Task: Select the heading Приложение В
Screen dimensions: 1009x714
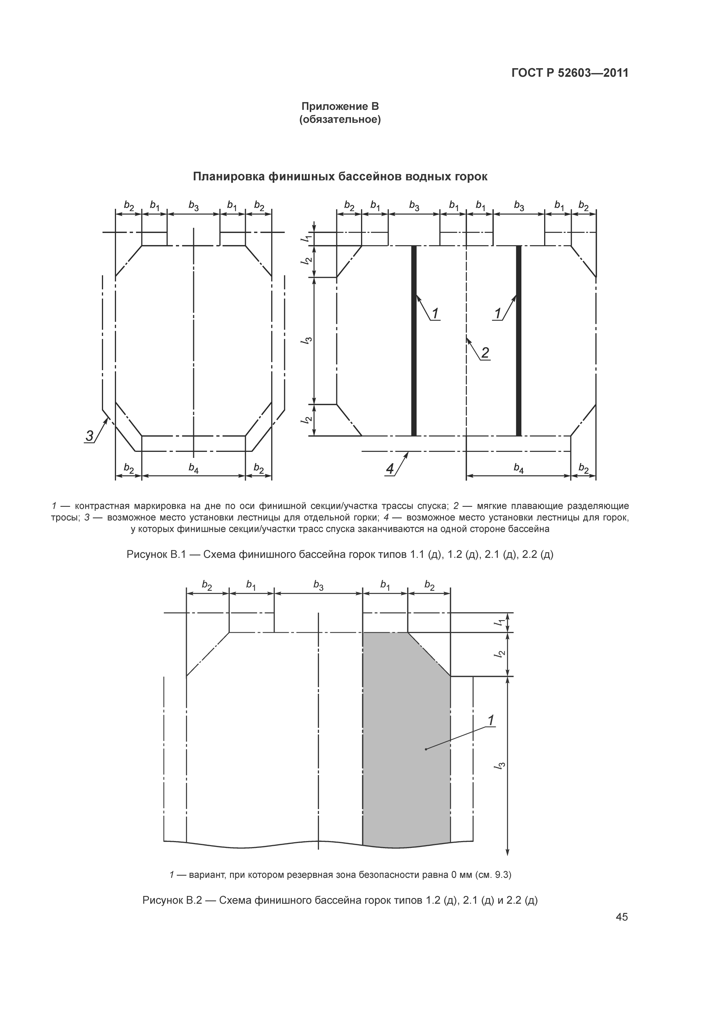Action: pyautogui.click(x=340, y=106)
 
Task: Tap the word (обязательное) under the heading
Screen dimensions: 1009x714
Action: pyautogui.click(x=340, y=119)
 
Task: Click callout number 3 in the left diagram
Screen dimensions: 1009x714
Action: pyautogui.click(x=90, y=436)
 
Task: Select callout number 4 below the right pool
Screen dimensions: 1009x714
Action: pyautogui.click(x=390, y=469)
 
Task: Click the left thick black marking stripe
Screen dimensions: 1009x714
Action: pyautogui.click(x=413, y=341)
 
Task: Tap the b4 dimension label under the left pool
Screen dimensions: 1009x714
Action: pyautogui.click(x=193, y=469)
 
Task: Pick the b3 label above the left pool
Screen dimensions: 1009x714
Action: pyautogui.click(x=193, y=205)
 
